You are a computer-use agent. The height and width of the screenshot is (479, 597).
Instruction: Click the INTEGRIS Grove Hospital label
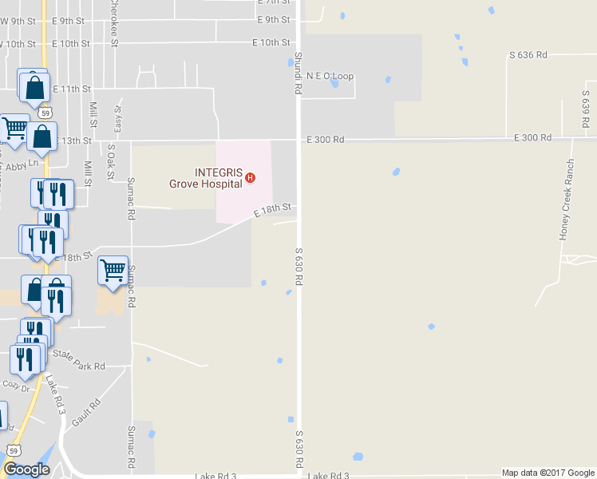[205, 177]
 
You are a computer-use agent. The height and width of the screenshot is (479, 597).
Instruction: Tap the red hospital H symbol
[251, 177]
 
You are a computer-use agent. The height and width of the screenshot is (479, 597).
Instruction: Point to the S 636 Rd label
[528, 55]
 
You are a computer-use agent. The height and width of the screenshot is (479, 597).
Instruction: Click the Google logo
[26, 469]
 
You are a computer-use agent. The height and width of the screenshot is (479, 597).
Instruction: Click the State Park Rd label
[78, 359]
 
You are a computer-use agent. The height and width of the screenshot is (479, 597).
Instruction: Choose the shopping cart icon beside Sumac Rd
[113, 270]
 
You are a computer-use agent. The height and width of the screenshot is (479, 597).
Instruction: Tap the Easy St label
[118, 120]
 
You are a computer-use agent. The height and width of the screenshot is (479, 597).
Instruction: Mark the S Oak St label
[111, 160]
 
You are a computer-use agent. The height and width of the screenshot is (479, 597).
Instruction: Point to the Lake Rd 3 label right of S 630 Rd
[328, 476]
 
